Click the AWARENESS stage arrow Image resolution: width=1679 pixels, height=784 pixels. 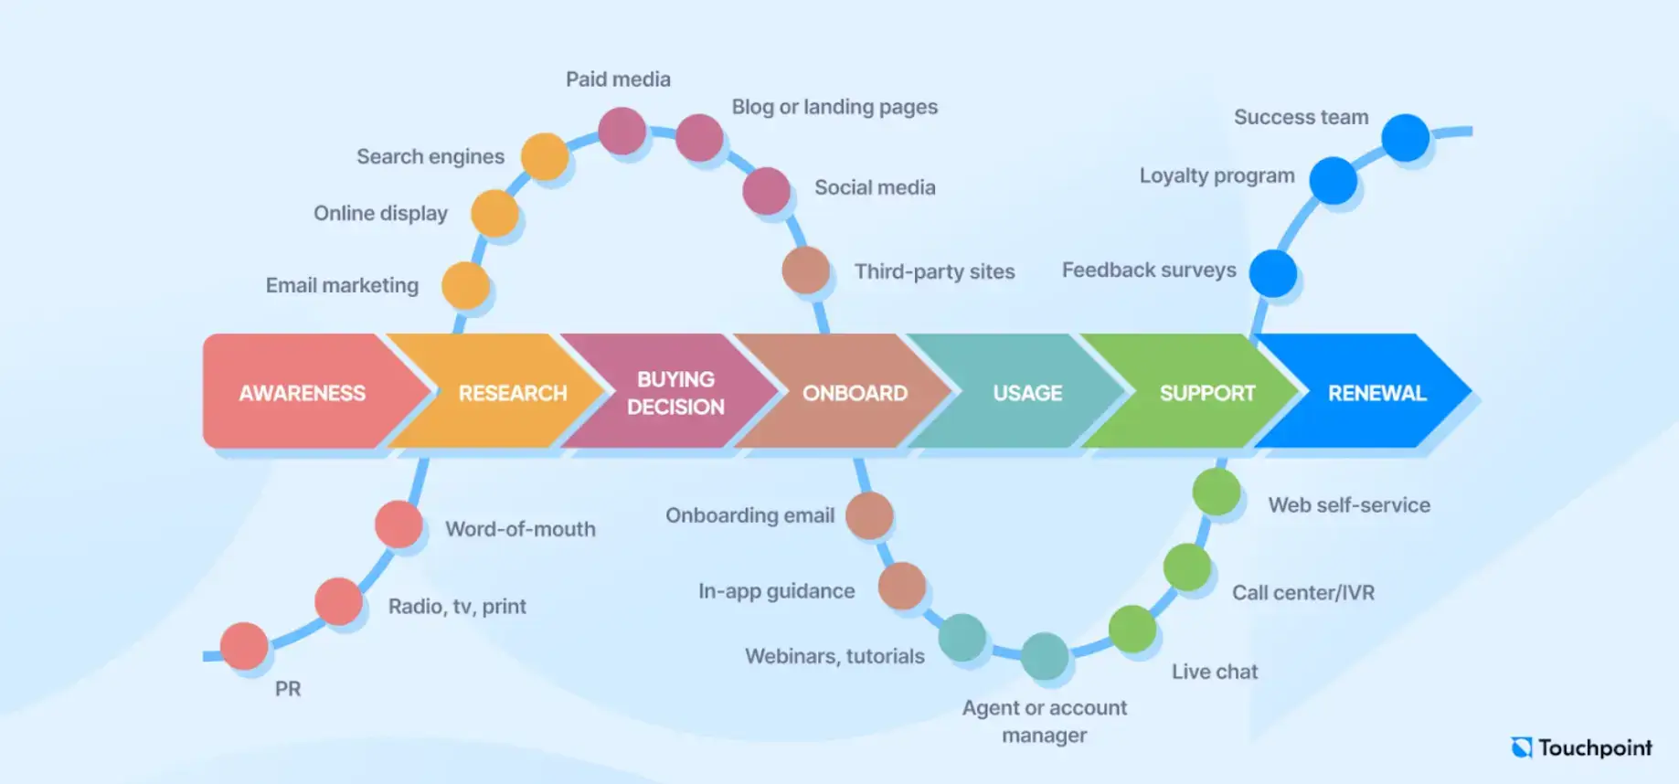point(302,393)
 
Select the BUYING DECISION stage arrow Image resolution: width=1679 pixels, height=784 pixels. point(675,393)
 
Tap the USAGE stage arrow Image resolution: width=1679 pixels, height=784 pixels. point(1026,393)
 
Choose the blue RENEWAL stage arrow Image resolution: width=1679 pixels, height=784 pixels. point(1376,393)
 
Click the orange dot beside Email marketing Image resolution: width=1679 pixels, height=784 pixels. point(465,286)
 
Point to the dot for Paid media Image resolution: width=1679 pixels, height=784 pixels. point(622,131)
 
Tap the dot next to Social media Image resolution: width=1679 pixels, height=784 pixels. point(766,191)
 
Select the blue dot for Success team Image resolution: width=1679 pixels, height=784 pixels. point(1405,138)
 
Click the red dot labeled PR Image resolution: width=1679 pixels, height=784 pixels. point(244,646)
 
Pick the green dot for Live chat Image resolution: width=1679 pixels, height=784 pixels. point(1132,629)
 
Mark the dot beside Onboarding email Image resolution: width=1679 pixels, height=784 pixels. point(869,515)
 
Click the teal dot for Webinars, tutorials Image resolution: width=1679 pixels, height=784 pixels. point(962,637)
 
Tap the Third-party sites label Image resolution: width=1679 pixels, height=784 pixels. point(934,271)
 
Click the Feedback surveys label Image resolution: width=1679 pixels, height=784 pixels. point(1148,270)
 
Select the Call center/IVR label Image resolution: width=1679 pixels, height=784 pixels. point(1302,593)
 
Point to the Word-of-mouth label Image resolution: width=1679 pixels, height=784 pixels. point(520,529)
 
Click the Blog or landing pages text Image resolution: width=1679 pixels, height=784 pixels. point(834,107)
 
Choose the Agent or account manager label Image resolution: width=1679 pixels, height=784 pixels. point(1044,721)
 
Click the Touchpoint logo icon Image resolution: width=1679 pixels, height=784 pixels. point(1522,747)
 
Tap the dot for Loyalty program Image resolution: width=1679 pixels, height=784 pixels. point(1333,180)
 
